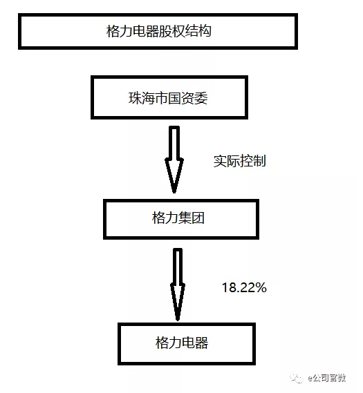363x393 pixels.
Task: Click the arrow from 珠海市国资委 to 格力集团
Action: click(174, 160)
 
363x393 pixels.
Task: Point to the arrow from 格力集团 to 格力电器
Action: click(178, 285)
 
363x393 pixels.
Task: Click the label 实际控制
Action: click(239, 161)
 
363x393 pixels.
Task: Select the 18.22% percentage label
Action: click(244, 287)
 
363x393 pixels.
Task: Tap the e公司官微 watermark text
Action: click(327, 378)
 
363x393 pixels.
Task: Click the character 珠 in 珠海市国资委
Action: click(136, 98)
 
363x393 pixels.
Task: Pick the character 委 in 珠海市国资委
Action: click(201, 98)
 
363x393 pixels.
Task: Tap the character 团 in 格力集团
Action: click(198, 218)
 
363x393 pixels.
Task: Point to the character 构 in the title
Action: click(205, 31)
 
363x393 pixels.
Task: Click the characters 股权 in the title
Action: click(172, 31)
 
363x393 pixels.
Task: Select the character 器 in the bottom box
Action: click(201, 343)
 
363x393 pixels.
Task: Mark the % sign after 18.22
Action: click(261, 287)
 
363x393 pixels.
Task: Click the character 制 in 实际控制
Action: click(259, 161)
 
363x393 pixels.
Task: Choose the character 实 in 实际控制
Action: click(220, 161)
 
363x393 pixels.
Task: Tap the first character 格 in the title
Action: click(113, 31)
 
